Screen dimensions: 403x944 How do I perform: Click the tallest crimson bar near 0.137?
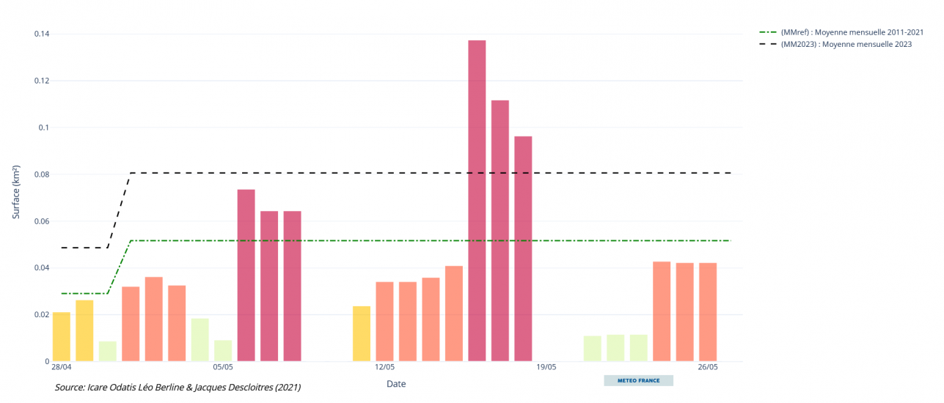click(x=477, y=201)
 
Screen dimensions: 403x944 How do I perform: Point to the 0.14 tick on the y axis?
click(x=41, y=34)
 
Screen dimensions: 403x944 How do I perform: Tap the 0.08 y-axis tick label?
click(x=41, y=174)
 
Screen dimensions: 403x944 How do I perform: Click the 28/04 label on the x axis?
click(x=62, y=367)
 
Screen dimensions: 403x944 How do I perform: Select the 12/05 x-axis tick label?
click(x=385, y=367)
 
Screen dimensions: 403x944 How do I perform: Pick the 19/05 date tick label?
click(x=546, y=367)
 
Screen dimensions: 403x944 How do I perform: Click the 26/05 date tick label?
click(x=708, y=367)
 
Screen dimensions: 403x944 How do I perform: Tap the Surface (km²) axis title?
click(x=16, y=193)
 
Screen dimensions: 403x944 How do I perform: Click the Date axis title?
click(x=396, y=384)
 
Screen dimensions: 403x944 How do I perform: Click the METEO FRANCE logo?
click(x=638, y=381)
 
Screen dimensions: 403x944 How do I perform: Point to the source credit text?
click(x=178, y=387)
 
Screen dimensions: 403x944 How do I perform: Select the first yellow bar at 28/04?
click(x=62, y=337)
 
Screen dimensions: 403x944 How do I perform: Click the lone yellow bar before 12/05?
click(x=362, y=334)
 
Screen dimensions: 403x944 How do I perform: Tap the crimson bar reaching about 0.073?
click(x=246, y=276)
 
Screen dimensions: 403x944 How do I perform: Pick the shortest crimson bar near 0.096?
click(x=523, y=249)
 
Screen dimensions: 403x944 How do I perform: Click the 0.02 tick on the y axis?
click(x=41, y=315)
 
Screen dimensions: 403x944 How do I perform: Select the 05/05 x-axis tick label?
click(x=223, y=367)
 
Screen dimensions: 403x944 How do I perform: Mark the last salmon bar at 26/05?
click(x=708, y=312)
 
